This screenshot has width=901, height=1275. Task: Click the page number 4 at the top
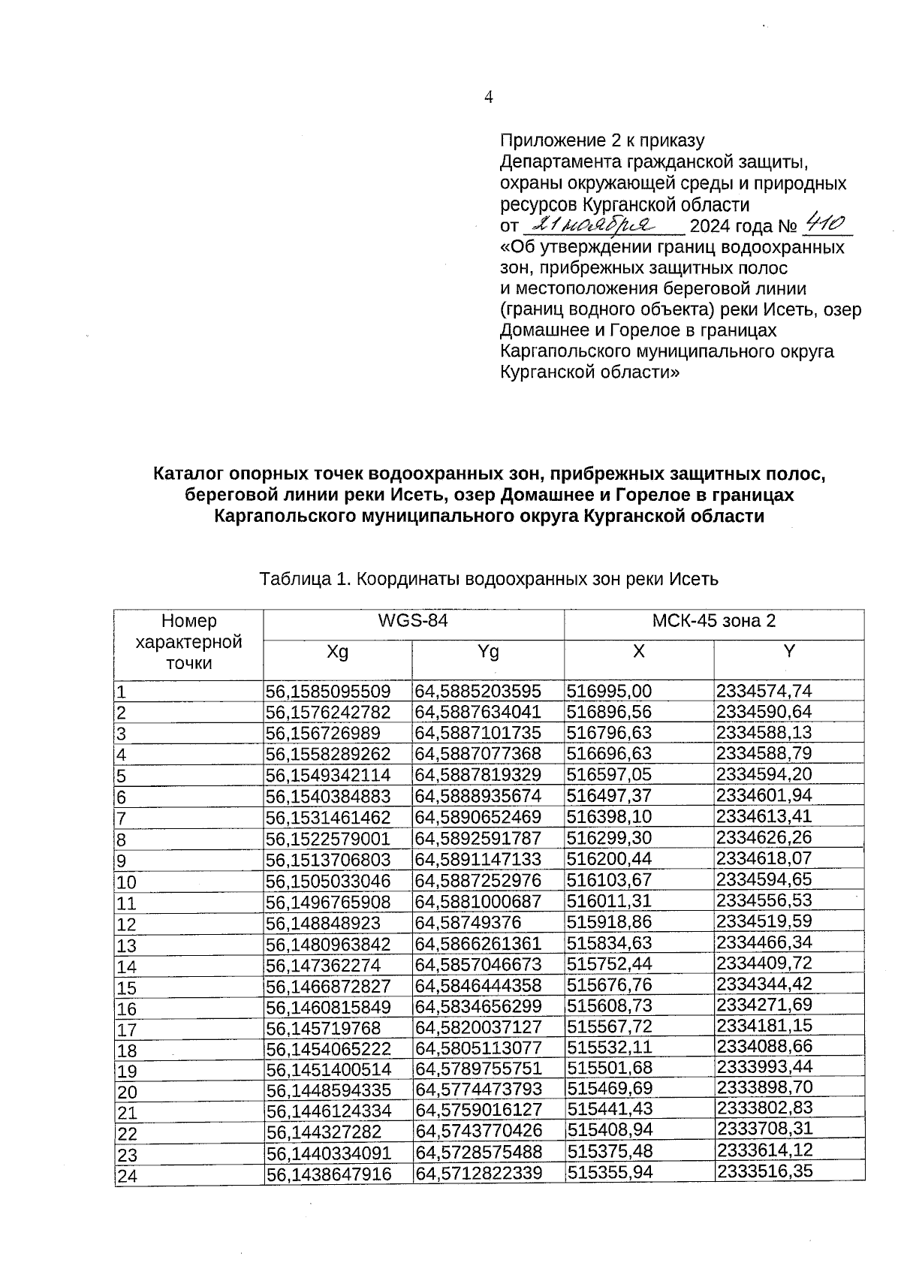point(489,97)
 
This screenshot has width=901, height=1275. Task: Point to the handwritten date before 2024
point(592,225)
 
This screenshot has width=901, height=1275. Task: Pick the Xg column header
point(338,652)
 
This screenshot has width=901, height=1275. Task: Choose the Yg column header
point(488,652)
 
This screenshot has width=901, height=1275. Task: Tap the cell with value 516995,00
point(609,691)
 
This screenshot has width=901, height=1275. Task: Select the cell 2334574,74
point(764,690)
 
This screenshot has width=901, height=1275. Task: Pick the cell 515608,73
point(610,1006)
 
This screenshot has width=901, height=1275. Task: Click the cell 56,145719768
point(323,1028)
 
